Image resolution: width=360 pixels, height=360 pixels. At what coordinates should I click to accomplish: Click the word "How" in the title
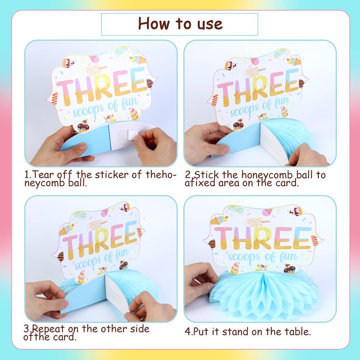click(x=153, y=23)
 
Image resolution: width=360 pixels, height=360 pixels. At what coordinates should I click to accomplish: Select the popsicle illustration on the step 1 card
click(x=95, y=70)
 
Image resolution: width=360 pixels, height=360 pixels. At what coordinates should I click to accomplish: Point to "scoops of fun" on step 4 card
click(x=262, y=256)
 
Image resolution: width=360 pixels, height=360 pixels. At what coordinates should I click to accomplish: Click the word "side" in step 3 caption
click(x=139, y=329)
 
